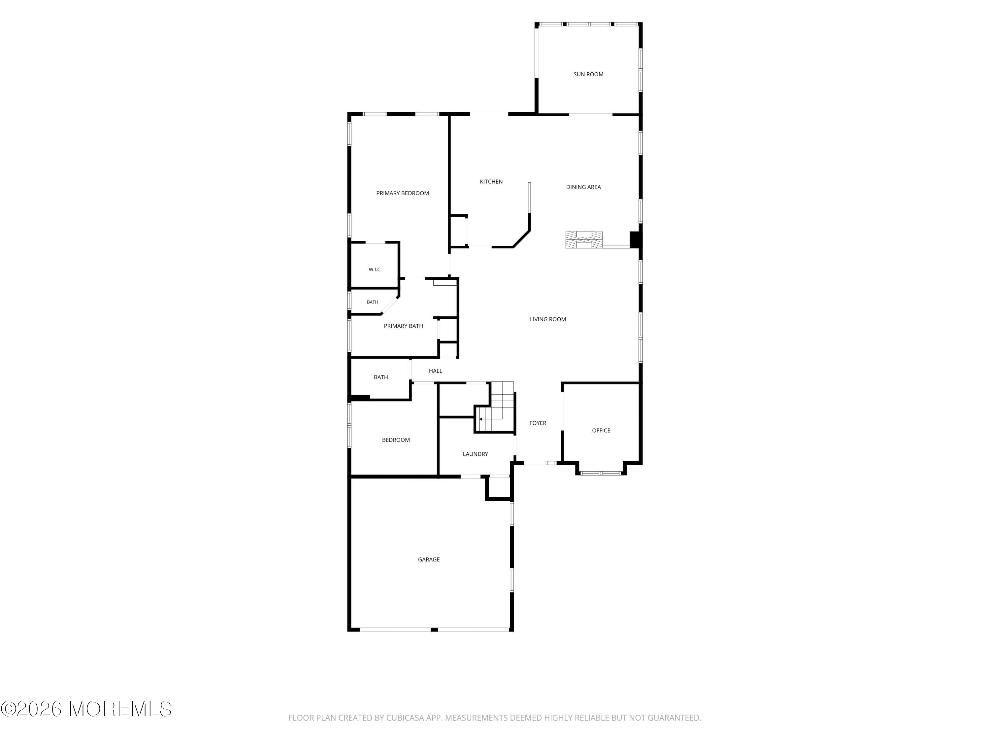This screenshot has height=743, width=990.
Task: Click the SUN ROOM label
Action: [588, 74]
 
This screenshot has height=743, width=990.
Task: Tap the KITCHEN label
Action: [491, 181]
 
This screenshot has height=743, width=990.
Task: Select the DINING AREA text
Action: [583, 187]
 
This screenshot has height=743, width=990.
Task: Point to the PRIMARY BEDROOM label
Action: [402, 193]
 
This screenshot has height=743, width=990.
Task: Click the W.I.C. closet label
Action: [375, 269]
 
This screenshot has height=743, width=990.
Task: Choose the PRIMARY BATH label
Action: [403, 326]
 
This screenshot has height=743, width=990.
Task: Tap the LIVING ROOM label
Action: [548, 319]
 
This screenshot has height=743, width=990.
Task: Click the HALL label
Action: [435, 371]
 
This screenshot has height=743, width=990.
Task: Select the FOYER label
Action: [538, 423]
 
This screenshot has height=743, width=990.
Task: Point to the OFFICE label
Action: [601, 430]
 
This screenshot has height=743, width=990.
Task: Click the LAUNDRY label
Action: [475, 454]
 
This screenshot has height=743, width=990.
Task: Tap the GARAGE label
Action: [428, 559]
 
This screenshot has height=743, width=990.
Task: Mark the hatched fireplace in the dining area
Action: [584, 240]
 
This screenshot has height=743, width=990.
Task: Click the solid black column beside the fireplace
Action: [635, 240]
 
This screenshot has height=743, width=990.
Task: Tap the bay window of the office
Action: [600, 473]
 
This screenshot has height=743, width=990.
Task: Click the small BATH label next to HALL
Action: [380, 377]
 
